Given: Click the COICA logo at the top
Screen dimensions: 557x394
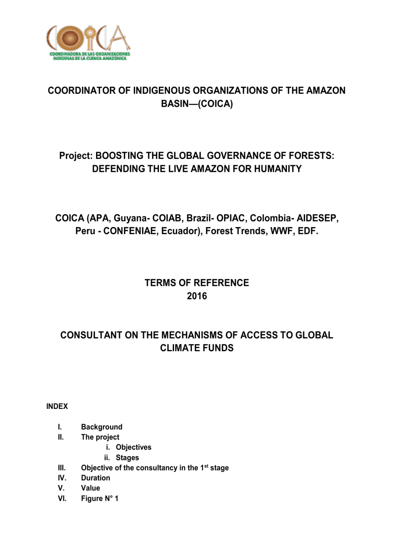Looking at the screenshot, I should click(88, 43).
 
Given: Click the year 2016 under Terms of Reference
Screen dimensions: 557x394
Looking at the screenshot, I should click(197, 296).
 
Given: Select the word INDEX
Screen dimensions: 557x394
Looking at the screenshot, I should click(57, 406).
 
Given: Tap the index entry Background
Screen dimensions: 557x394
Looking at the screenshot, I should click(101, 427).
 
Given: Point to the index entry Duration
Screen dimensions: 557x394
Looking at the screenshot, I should click(95, 478).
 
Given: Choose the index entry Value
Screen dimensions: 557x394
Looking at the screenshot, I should click(90, 488).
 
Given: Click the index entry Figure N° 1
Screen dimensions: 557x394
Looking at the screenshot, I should click(99, 498).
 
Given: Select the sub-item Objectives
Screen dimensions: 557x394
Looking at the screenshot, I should click(133, 447).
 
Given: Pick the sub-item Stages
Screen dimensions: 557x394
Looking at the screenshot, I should click(127, 457).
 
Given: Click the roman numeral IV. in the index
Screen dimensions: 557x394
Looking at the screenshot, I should click(62, 478).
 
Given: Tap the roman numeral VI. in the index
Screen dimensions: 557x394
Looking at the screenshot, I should click(62, 498).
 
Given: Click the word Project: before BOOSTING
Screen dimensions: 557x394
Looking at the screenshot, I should click(76, 156).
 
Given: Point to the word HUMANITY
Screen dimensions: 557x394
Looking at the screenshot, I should click(278, 169).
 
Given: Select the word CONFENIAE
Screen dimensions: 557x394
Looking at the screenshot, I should click(130, 231).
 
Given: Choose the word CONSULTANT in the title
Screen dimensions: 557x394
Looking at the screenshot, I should click(91, 335).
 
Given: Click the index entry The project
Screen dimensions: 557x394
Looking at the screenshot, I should click(100, 437).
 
